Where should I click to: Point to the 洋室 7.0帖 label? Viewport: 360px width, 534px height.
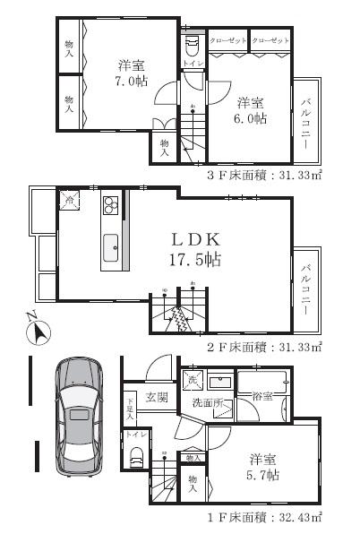tap(131, 73)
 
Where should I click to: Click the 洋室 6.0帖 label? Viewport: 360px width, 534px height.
tap(249, 109)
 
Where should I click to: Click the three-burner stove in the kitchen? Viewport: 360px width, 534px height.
tap(111, 206)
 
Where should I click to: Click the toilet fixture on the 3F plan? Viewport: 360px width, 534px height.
tap(192, 46)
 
